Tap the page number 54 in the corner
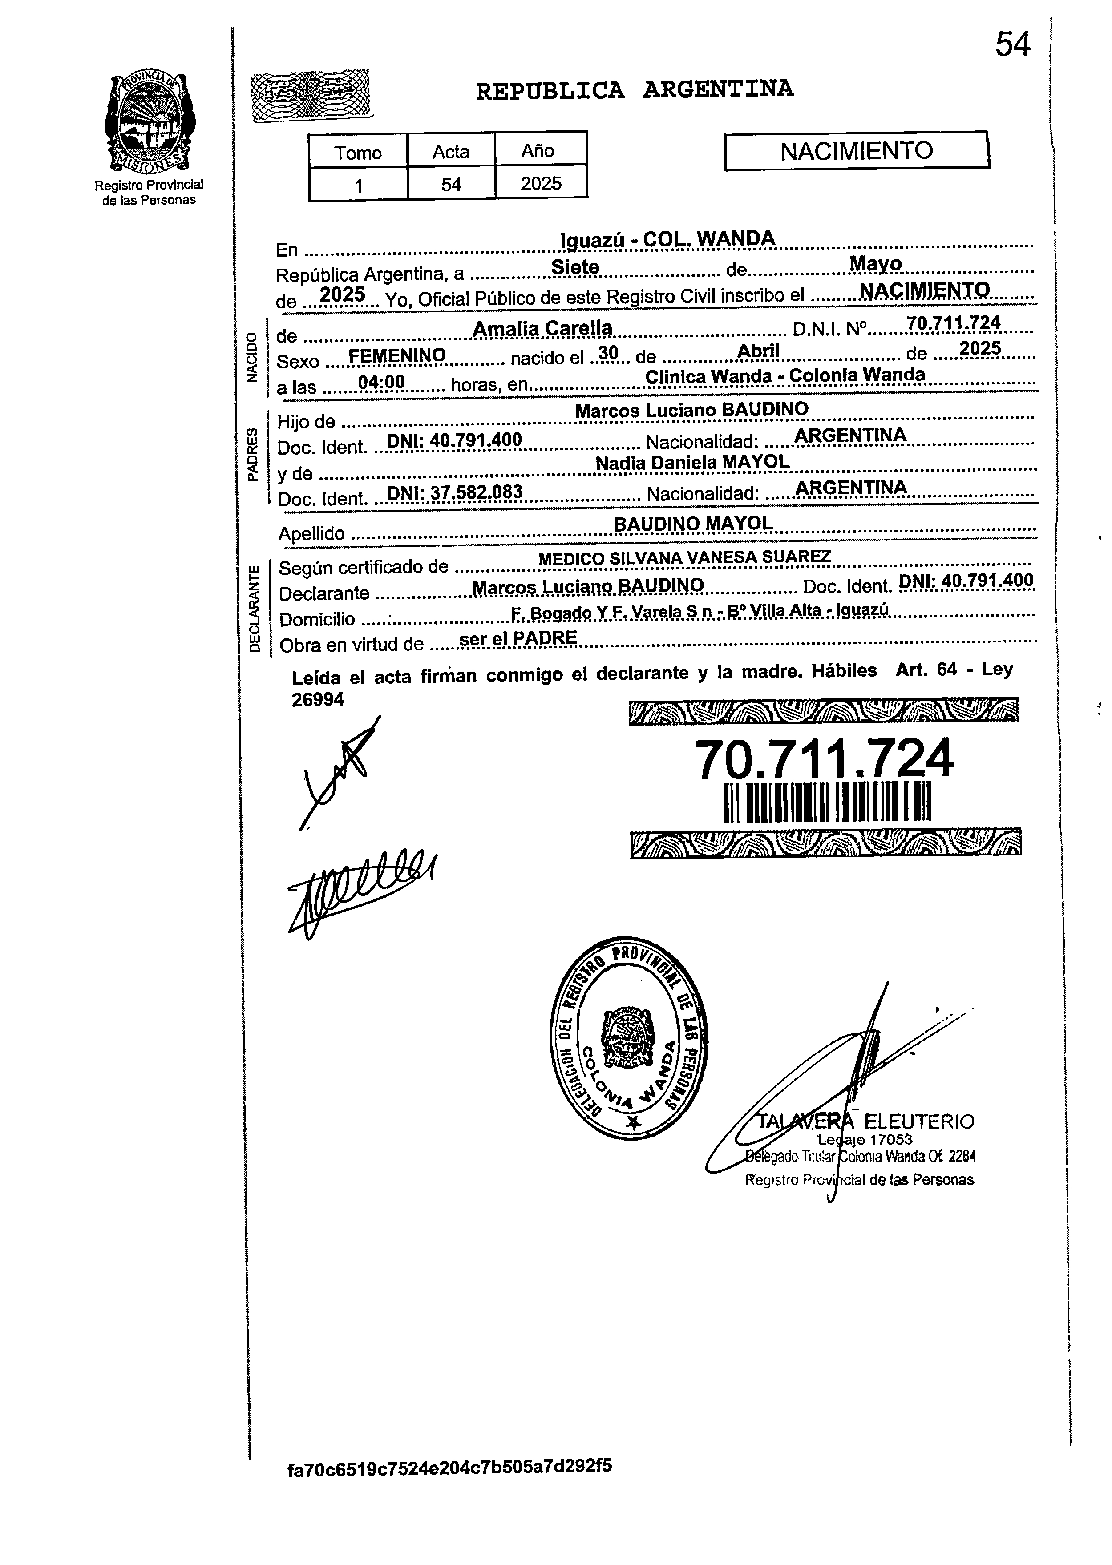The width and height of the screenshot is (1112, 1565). [1012, 46]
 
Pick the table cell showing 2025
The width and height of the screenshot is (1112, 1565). [540, 183]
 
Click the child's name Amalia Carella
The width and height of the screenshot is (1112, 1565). [542, 329]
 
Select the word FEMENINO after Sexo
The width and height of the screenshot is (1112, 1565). [397, 355]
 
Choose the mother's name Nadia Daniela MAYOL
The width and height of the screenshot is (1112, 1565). [692, 463]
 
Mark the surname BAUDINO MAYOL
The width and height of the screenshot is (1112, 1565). [693, 524]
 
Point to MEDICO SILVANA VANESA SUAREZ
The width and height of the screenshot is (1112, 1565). [685, 558]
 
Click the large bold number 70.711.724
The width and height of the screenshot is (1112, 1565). [824, 760]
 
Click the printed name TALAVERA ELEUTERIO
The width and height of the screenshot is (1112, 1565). [865, 1121]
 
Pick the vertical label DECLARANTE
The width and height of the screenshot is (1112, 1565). [255, 608]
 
